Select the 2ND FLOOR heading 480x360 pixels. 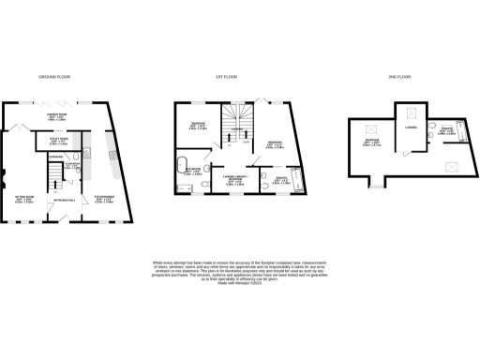[397, 76]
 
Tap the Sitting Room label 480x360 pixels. [26, 198]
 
